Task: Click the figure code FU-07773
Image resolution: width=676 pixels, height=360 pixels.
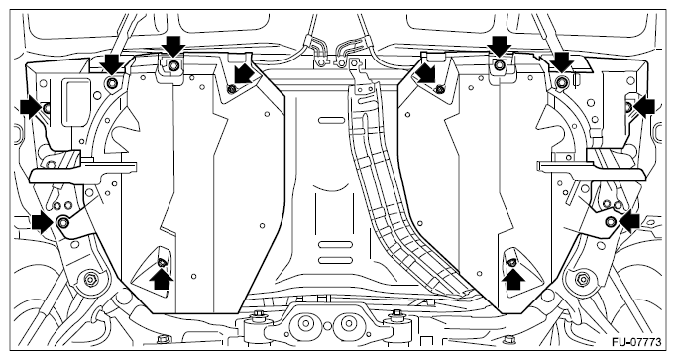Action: (636, 342)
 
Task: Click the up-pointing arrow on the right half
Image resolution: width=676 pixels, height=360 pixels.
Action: (513, 279)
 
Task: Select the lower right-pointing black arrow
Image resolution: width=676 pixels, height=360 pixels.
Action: (43, 221)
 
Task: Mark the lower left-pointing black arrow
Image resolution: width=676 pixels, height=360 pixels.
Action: (629, 221)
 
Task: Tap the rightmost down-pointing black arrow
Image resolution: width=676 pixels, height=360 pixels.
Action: (563, 62)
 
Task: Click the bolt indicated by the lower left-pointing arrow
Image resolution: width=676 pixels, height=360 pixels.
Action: (611, 221)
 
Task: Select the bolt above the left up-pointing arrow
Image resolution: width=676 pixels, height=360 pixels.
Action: (162, 262)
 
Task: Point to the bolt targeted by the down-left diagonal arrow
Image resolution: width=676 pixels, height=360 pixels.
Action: (231, 89)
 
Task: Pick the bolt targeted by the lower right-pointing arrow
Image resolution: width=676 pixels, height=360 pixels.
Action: (63, 222)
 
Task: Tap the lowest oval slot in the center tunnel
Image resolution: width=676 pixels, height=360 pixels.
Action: (335, 260)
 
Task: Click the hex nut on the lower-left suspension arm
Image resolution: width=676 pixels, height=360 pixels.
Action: (90, 279)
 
